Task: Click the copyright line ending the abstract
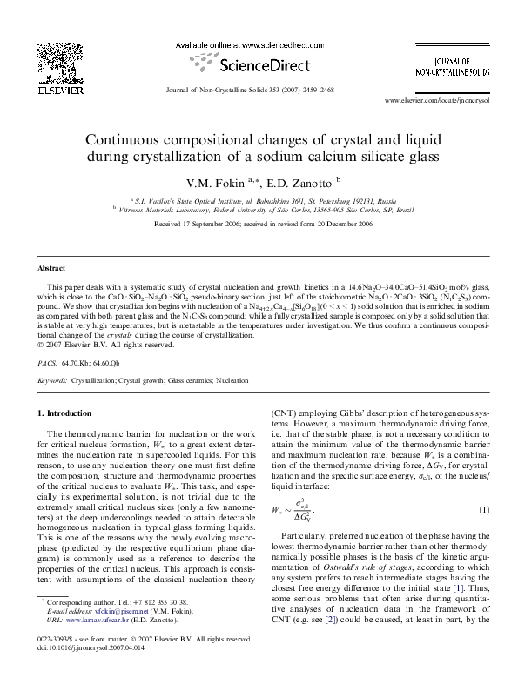(102, 345)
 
